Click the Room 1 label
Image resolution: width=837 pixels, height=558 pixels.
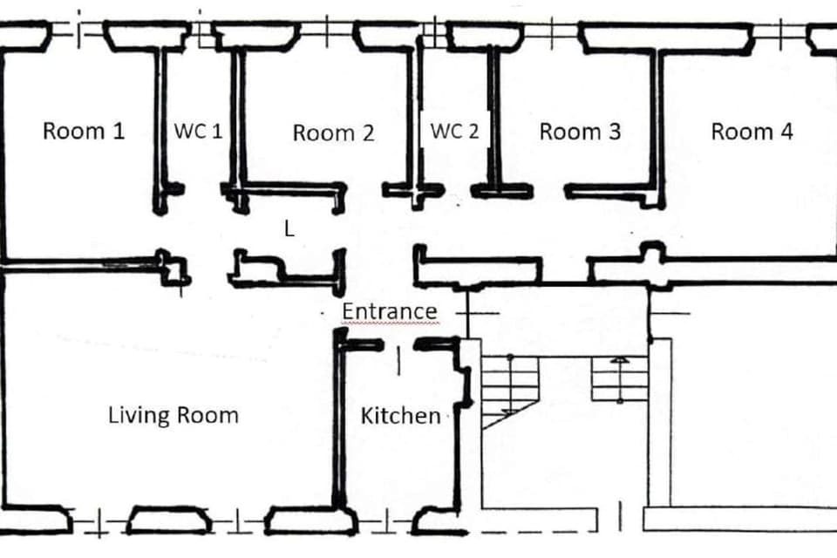tap(84, 132)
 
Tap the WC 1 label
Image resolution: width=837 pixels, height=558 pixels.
tap(199, 132)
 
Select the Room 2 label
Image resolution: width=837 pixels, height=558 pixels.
tap(333, 133)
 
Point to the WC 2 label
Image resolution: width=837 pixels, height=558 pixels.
tap(455, 132)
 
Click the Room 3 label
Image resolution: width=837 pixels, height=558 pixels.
tap(580, 132)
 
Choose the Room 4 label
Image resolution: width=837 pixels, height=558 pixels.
tap(752, 132)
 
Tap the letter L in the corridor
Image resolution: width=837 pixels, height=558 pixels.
tap(289, 229)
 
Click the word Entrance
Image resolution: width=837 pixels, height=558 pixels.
tap(389, 311)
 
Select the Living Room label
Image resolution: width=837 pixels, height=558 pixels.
tap(173, 414)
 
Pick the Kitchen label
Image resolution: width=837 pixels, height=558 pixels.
tap(400, 416)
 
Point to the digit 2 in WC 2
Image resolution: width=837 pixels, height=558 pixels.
tap(473, 132)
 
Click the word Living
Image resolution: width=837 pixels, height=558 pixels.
tap(138, 414)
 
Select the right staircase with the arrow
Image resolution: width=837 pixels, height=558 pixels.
tap(619, 379)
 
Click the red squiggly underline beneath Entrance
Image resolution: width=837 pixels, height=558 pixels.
tap(389, 324)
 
